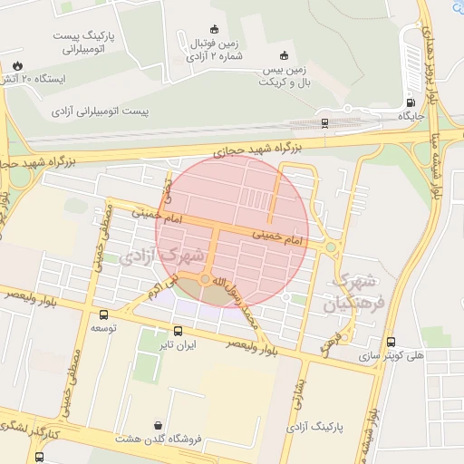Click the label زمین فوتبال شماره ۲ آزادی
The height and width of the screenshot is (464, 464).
coord(214,49)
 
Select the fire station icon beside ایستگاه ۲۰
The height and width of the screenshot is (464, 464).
coord(17,65)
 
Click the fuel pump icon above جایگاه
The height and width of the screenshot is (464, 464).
coord(411,102)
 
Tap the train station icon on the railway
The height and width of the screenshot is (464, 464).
coord(324,122)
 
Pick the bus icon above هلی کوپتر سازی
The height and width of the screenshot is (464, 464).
coord(391,342)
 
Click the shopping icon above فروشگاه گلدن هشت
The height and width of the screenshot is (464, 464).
coord(159,424)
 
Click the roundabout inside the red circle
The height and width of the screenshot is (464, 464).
coord(207,279)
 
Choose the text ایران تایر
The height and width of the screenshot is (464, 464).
coord(178,345)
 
